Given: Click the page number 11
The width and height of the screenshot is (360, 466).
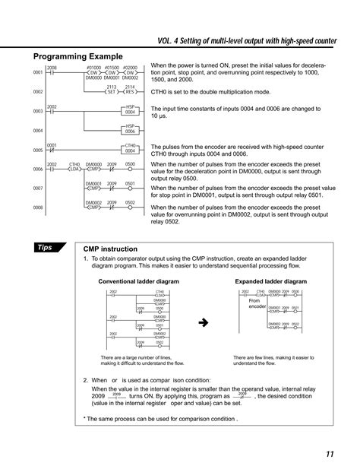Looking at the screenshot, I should click(330, 454).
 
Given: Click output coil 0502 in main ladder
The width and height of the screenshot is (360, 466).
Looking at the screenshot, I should click(130, 206).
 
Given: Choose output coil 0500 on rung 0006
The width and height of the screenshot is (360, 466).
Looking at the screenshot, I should click(130, 168).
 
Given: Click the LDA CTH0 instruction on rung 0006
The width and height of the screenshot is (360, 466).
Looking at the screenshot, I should click(74, 168).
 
